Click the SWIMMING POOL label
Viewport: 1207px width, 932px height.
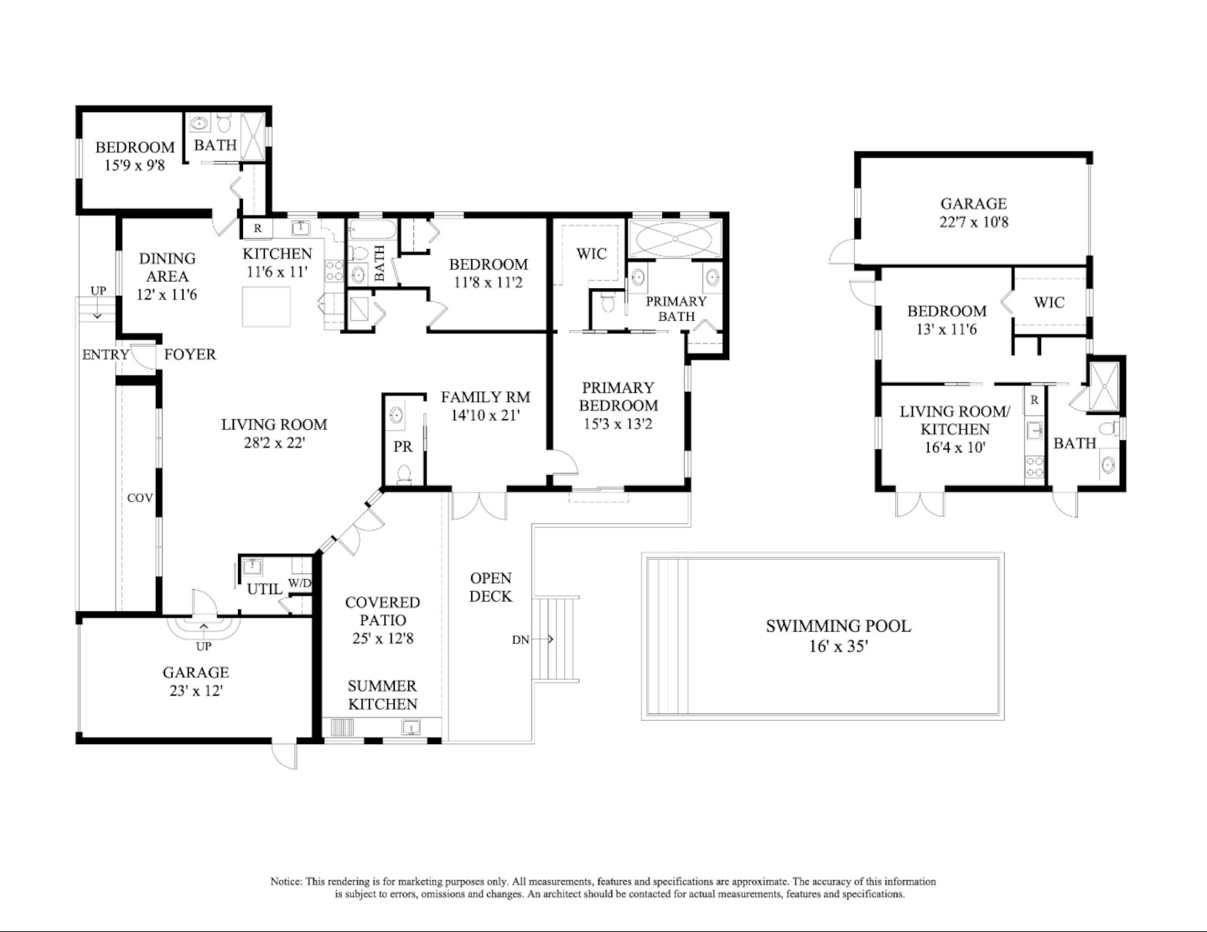(x=838, y=626)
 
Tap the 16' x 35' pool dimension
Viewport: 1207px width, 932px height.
(x=838, y=646)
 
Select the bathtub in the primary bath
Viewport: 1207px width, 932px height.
(x=675, y=238)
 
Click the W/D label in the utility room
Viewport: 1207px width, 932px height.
(x=300, y=583)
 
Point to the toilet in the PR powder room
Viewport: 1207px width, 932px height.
(x=404, y=475)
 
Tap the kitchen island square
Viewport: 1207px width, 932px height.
(x=267, y=307)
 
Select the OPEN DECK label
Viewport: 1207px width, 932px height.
(x=490, y=587)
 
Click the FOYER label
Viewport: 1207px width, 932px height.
(x=190, y=354)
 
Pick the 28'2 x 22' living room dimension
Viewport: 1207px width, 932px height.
(x=274, y=443)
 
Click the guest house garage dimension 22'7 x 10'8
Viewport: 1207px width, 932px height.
(x=974, y=221)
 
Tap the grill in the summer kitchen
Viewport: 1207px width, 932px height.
(x=342, y=727)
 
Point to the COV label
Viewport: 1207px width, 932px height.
(x=140, y=498)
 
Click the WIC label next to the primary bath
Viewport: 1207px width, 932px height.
(x=592, y=254)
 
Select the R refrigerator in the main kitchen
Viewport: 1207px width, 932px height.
(x=257, y=228)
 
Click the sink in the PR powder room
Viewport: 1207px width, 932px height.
(x=396, y=414)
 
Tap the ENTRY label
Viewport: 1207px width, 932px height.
(x=106, y=355)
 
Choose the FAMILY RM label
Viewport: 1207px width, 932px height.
(x=485, y=396)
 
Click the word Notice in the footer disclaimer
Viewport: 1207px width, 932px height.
(x=287, y=882)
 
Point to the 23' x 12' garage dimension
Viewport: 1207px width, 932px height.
(x=196, y=691)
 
